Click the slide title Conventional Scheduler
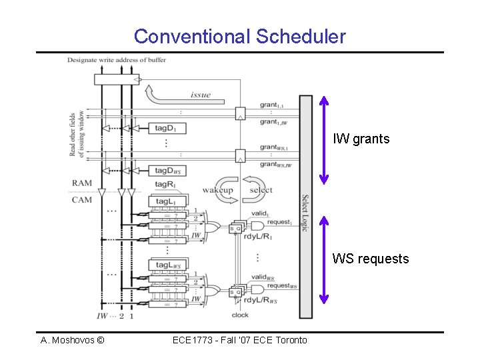pyautogui.click(x=239, y=36)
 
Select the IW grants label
pyautogui.click(x=362, y=139)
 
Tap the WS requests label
pyautogui.click(x=371, y=259)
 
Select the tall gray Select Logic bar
pyautogui.click(x=305, y=206)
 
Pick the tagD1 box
pyautogui.click(x=167, y=127)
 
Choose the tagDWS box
pyautogui.click(x=167, y=170)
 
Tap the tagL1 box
pyautogui.click(x=167, y=201)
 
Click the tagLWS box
pyautogui.click(x=167, y=265)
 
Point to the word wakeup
pyautogui.click(x=217, y=190)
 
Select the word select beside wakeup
pyautogui.click(x=260, y=190)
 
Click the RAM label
pyautogui.click(x=82, y=183)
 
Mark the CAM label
pyautogui.click(x=82, y=199)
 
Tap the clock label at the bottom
pyautogui.click(x=240, y=315)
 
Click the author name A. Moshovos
pyautogui.click(x=72, y=340)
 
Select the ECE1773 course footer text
pyautogui.click(x=239, y=340)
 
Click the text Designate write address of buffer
pyautogui.click(x=117, y=60)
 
